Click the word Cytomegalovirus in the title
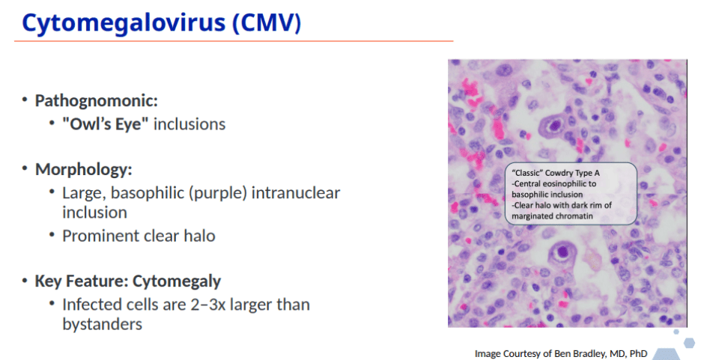click(x=124, y=23)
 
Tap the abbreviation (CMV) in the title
click(x=267, y=23)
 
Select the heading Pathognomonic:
click(x=97, y=100)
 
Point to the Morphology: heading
click(x=84, y=170)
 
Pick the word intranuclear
click(x=296, y=193)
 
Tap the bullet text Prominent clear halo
click(x=139, y=235)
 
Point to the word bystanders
click(x=102, y=324)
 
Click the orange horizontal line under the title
click(x=234, y=41)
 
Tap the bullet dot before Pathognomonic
click(x=25, y=100)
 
